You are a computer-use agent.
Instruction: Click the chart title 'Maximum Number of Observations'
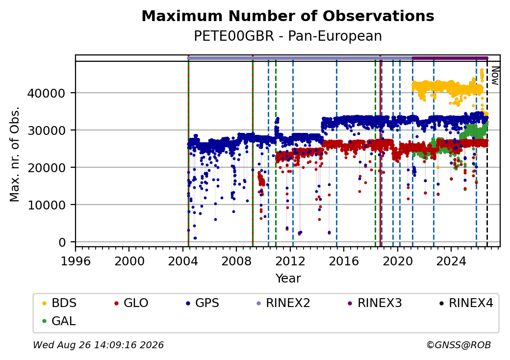288,16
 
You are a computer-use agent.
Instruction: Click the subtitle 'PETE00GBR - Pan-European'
288,36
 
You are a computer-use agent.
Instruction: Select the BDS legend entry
59,303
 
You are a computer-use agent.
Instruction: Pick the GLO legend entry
131,303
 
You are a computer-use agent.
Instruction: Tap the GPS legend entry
203,303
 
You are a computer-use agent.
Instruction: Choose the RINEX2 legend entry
283,303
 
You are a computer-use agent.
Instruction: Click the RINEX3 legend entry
375,303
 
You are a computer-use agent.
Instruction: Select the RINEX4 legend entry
466,303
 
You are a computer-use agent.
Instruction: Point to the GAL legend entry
59,321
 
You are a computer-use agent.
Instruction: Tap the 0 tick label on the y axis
62,243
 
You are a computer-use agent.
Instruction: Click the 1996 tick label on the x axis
76,261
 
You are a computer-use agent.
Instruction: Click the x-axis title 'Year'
288,279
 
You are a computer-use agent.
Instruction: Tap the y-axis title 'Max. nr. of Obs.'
15,154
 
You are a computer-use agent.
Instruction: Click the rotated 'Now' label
495,76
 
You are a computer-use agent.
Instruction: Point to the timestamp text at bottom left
98,345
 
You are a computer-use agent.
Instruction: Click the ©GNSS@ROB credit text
459,345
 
